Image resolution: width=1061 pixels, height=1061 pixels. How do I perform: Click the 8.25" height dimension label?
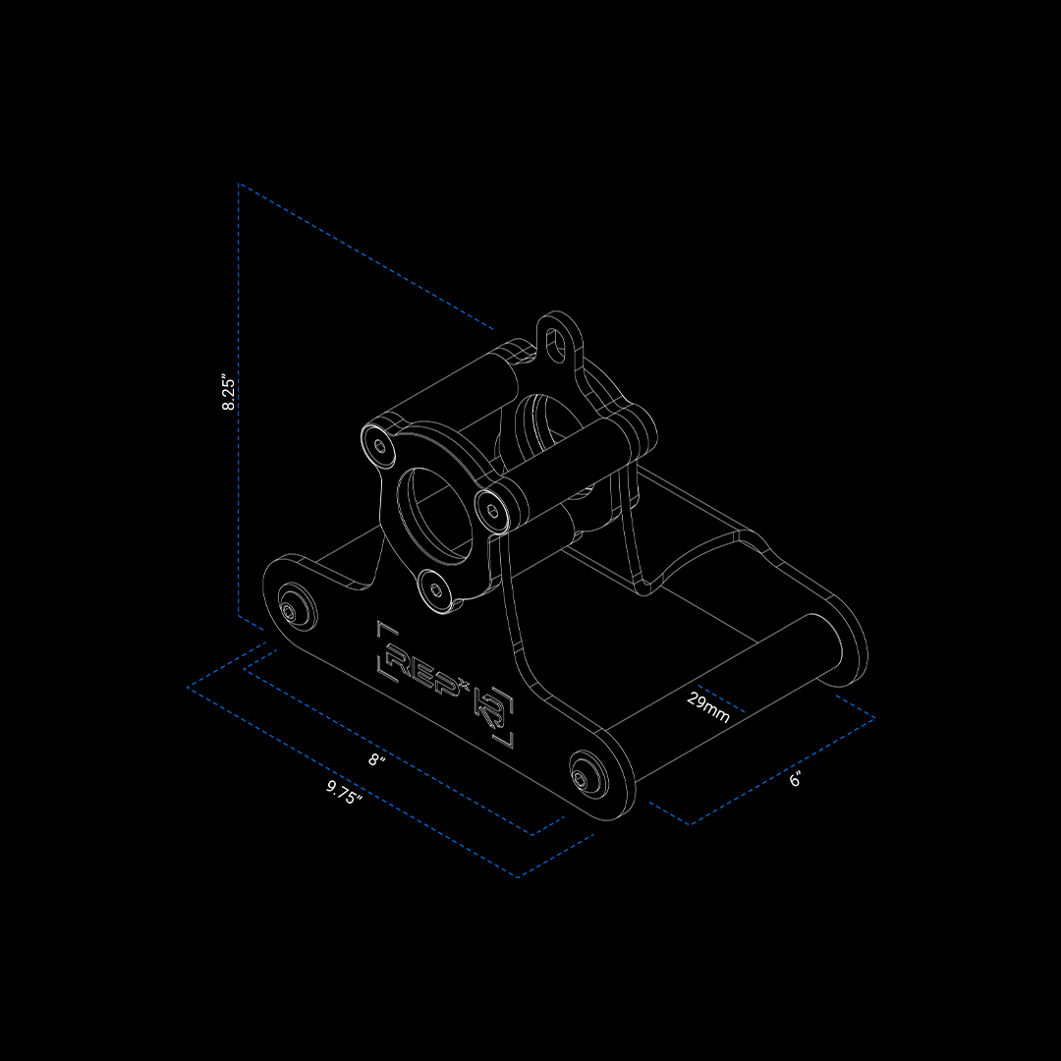point(229,394)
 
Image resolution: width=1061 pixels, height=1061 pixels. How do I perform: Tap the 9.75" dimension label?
point(345,793)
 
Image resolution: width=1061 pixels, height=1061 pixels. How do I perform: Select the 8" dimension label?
point(377,759)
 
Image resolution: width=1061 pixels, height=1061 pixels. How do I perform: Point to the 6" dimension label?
point(796,779)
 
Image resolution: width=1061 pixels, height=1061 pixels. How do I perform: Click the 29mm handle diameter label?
point(707,707)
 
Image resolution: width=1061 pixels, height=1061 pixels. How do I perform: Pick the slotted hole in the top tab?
point(555,345)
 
